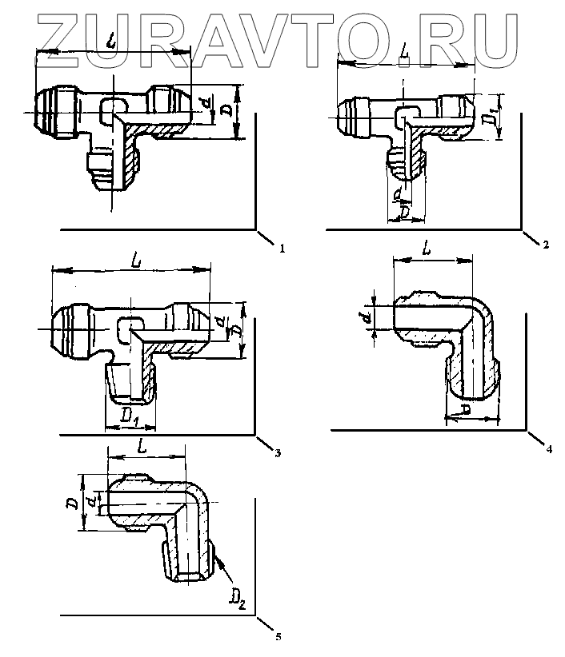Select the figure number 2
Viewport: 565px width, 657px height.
pyautogui.click(x=545, y=245)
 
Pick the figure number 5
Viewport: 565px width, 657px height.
pyautogui.click(x=277, y=637)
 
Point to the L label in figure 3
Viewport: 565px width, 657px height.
pyautogui.click(x=139, y=261)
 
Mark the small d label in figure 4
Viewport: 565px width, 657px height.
pyautogui.click(x=367, y=319)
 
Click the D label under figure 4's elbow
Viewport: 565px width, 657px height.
pyautogui.click(x=467, y=409)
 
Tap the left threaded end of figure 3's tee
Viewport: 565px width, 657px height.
pyautogui.click(x=69, y=329)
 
